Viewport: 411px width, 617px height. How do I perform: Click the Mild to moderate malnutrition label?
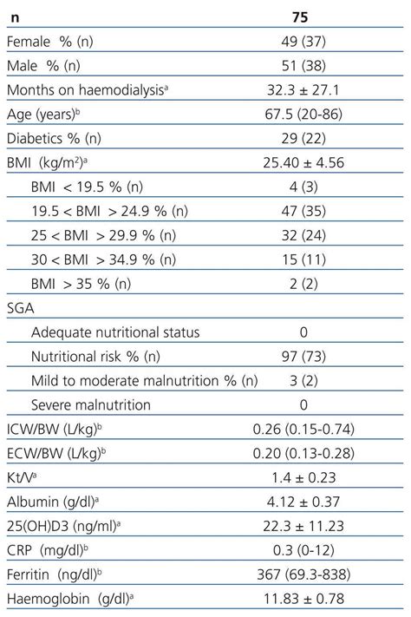click(x=144, y=380)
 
